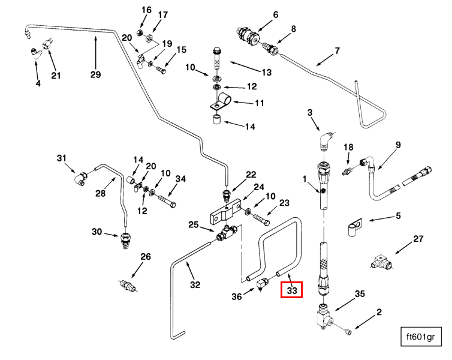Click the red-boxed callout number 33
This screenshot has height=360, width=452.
(292, 290)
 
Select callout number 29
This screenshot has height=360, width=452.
(96, 74)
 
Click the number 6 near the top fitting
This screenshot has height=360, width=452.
(276, 14)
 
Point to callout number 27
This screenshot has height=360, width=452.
(418, 239)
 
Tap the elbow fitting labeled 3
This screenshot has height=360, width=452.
(325, 142)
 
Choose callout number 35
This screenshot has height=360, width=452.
(360, 294)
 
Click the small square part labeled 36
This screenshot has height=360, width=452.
(262, 284)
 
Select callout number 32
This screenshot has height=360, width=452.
(195, 284)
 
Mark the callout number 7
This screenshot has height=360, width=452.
(337, 50)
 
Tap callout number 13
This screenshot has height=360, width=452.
(266, 72)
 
